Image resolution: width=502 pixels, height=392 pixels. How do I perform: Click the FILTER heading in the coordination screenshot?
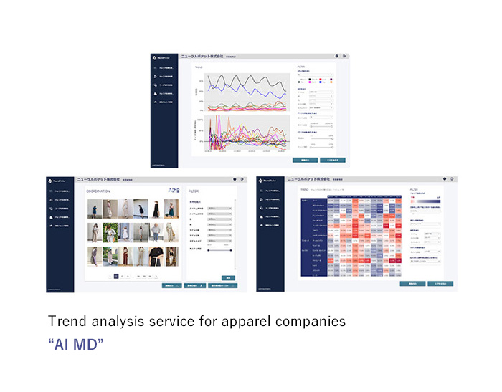[194, 191]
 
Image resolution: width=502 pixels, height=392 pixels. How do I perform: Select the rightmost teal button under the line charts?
[332, 160]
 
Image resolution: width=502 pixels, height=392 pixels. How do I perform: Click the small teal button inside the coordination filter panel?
[227, 277]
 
